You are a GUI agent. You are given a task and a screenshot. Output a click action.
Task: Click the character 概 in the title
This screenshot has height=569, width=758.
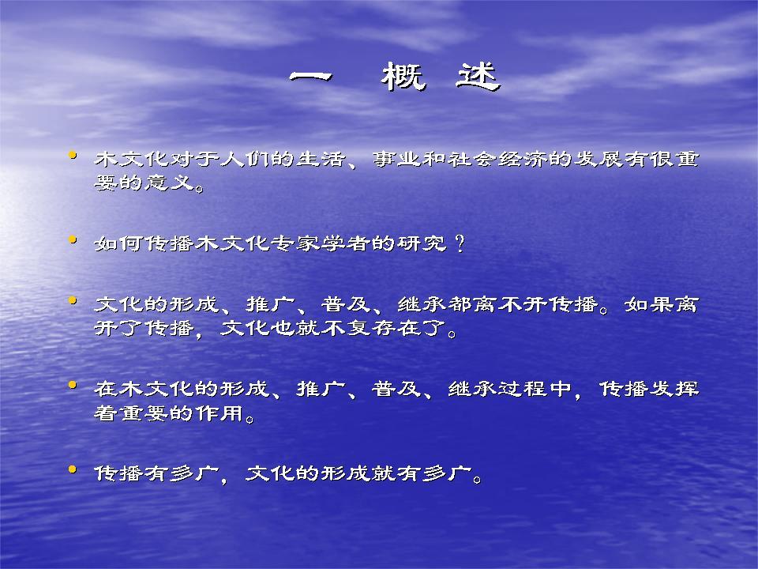(x=403, y=77)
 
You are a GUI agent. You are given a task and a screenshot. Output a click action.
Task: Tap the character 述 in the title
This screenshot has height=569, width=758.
(x=478, y=77)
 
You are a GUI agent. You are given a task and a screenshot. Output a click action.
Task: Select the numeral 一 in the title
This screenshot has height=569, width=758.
(x=311, y=77)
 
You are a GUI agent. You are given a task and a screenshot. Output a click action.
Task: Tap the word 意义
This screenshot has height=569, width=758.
(x=169, y=183)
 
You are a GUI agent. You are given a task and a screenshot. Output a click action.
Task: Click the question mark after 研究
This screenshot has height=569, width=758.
(x=460, y=243)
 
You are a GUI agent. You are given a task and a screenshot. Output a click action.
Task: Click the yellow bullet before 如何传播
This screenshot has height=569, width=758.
(x=73, y=239)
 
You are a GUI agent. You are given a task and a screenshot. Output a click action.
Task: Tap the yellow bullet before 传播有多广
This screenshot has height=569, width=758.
(x=73, y=469)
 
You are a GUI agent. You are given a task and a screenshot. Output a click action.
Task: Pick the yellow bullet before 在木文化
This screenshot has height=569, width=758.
(x=73, y=385)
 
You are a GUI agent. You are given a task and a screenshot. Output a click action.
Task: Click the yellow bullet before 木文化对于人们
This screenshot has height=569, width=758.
(x=73, y=156)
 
